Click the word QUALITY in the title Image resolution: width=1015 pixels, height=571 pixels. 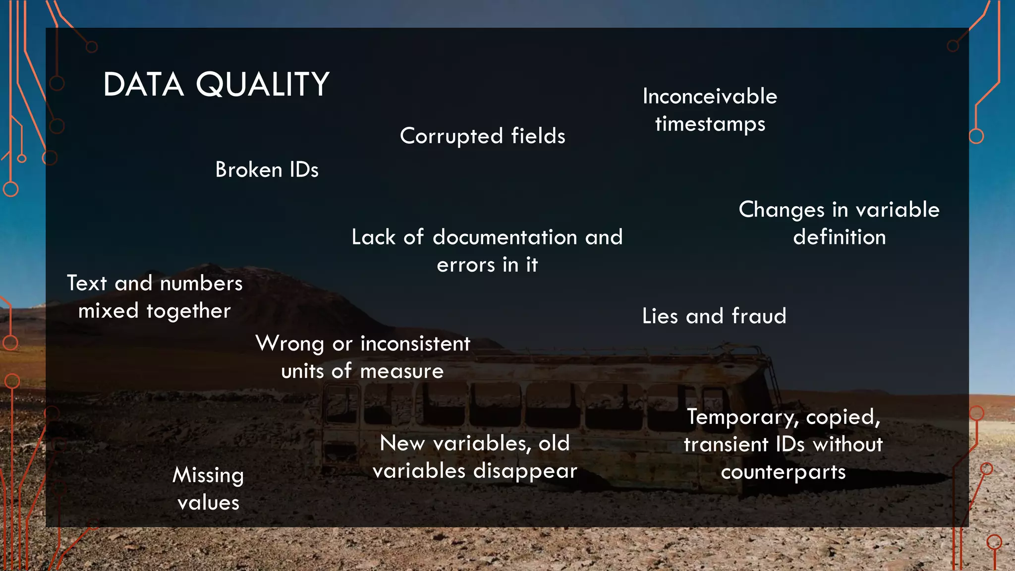(x=263, y=84)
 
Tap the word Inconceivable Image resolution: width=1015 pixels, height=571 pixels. (x=710, y=96)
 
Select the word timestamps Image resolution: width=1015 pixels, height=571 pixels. (x=710, y=124)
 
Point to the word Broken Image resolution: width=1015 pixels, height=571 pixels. (x=248, y=170)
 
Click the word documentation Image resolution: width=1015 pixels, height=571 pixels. (x=505, y=237)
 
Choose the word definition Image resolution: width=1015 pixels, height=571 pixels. (x=839, y=237)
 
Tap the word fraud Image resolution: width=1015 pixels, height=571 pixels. (x=759, y=316)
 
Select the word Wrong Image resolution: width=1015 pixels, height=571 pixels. (x=289, y=343)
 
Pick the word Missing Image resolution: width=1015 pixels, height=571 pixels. (x=208, y=475)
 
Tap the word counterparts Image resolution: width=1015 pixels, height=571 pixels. (x=783, y=472)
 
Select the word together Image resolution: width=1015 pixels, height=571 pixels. (x=188, y=311)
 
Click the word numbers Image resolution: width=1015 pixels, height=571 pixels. (x=201, y=284)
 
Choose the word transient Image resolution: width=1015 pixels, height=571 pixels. (x=726, y=445)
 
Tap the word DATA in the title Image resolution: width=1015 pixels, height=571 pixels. (x=144, y=84)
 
